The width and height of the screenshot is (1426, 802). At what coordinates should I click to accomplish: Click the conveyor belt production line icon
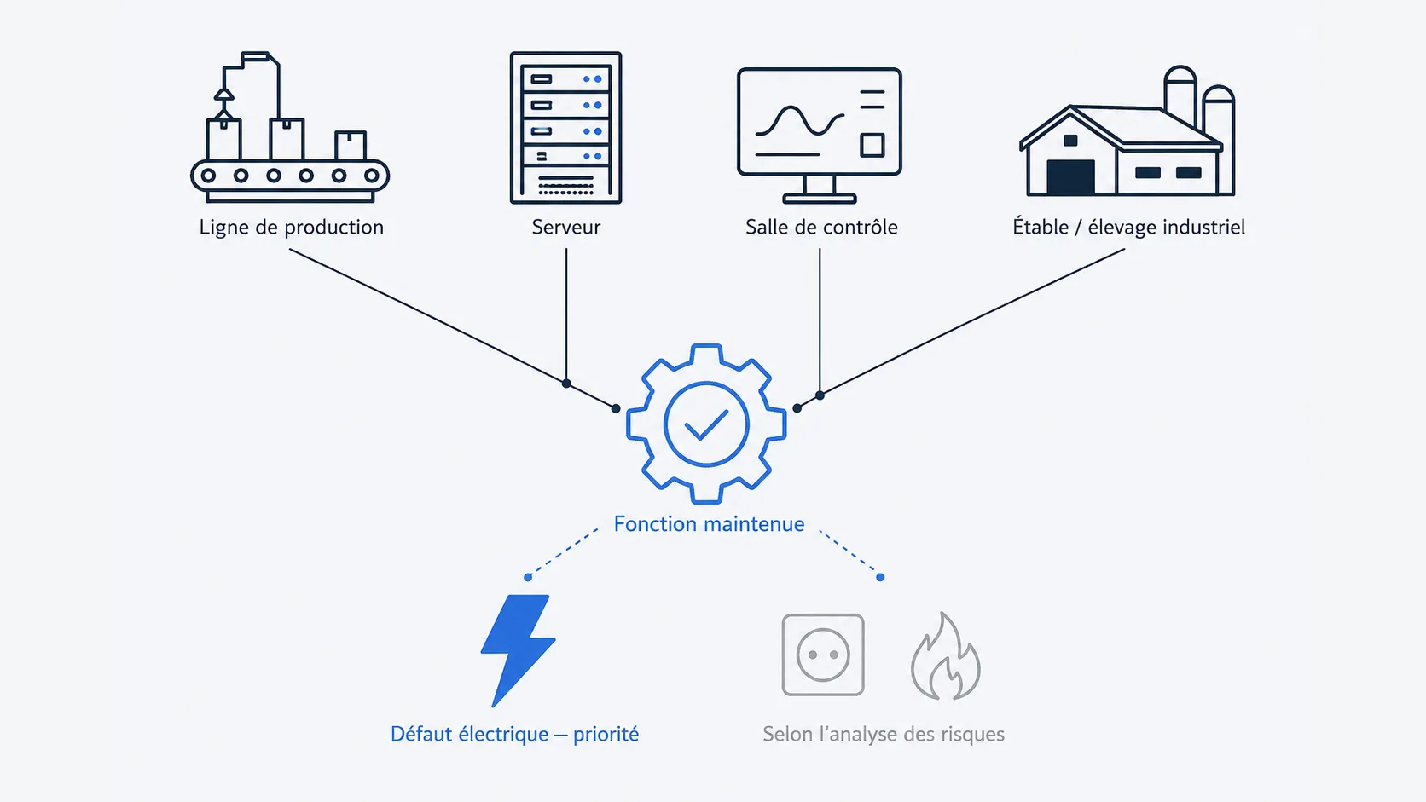coord(290,127)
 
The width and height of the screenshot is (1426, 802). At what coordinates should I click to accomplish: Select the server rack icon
coord(566,128)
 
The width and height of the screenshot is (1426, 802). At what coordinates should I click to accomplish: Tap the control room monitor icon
coord(820,136)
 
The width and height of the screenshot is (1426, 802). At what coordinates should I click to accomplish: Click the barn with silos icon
coord(1127,130)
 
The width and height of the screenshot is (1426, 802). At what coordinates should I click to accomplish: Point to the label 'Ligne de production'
coord(292,227)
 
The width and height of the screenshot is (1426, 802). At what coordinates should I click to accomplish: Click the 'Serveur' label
coord(566,227)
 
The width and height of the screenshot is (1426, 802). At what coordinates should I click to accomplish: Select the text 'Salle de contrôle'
coord(821,227)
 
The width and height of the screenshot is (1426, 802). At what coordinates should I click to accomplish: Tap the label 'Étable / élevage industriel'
coord(1128,227)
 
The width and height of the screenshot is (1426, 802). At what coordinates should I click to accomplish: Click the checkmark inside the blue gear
coord(706,424)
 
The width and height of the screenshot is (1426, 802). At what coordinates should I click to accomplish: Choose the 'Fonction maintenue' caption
coord(709,524)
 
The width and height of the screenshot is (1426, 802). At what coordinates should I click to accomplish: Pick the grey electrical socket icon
coord(823,655)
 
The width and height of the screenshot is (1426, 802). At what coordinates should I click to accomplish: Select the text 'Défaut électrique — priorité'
coord(514,734)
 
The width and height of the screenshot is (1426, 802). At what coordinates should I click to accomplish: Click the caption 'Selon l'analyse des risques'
coord(884,734)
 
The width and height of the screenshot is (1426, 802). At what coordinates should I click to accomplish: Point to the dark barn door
coord(1070,177)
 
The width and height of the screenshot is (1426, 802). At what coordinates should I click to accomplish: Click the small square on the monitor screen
coord(872,145)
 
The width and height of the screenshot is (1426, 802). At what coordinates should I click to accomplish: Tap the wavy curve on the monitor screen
coord(800,122)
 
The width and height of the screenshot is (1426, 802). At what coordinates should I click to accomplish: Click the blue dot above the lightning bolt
coord(528,577)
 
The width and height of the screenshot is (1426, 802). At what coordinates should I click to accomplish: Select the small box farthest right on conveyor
coord(351,146)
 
